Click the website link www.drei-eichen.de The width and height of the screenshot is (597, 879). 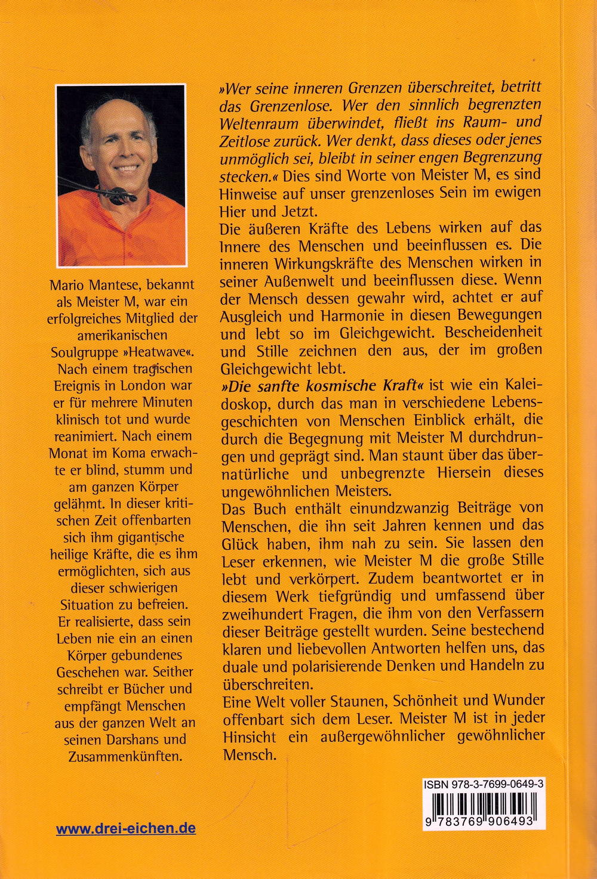126,828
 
